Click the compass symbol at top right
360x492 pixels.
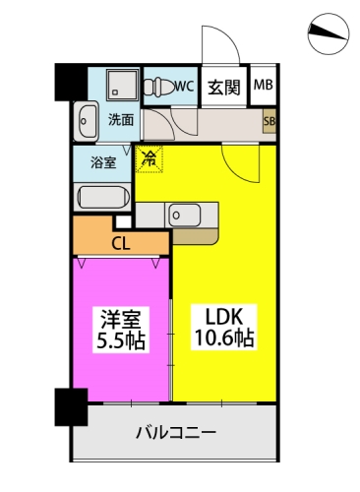(x=328, y=35)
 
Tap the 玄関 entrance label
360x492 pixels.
(x=224, y=87)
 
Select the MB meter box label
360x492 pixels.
(x=264, y=86)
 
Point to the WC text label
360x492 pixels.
(x=184, y=86)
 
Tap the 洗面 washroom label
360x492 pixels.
(x=121, y=120)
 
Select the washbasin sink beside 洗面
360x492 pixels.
(x=86, y=118)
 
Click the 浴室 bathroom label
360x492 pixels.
(x=104, y=162)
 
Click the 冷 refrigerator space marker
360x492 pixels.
(x=150, y=156)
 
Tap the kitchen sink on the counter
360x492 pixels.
(x=182, y=213)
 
